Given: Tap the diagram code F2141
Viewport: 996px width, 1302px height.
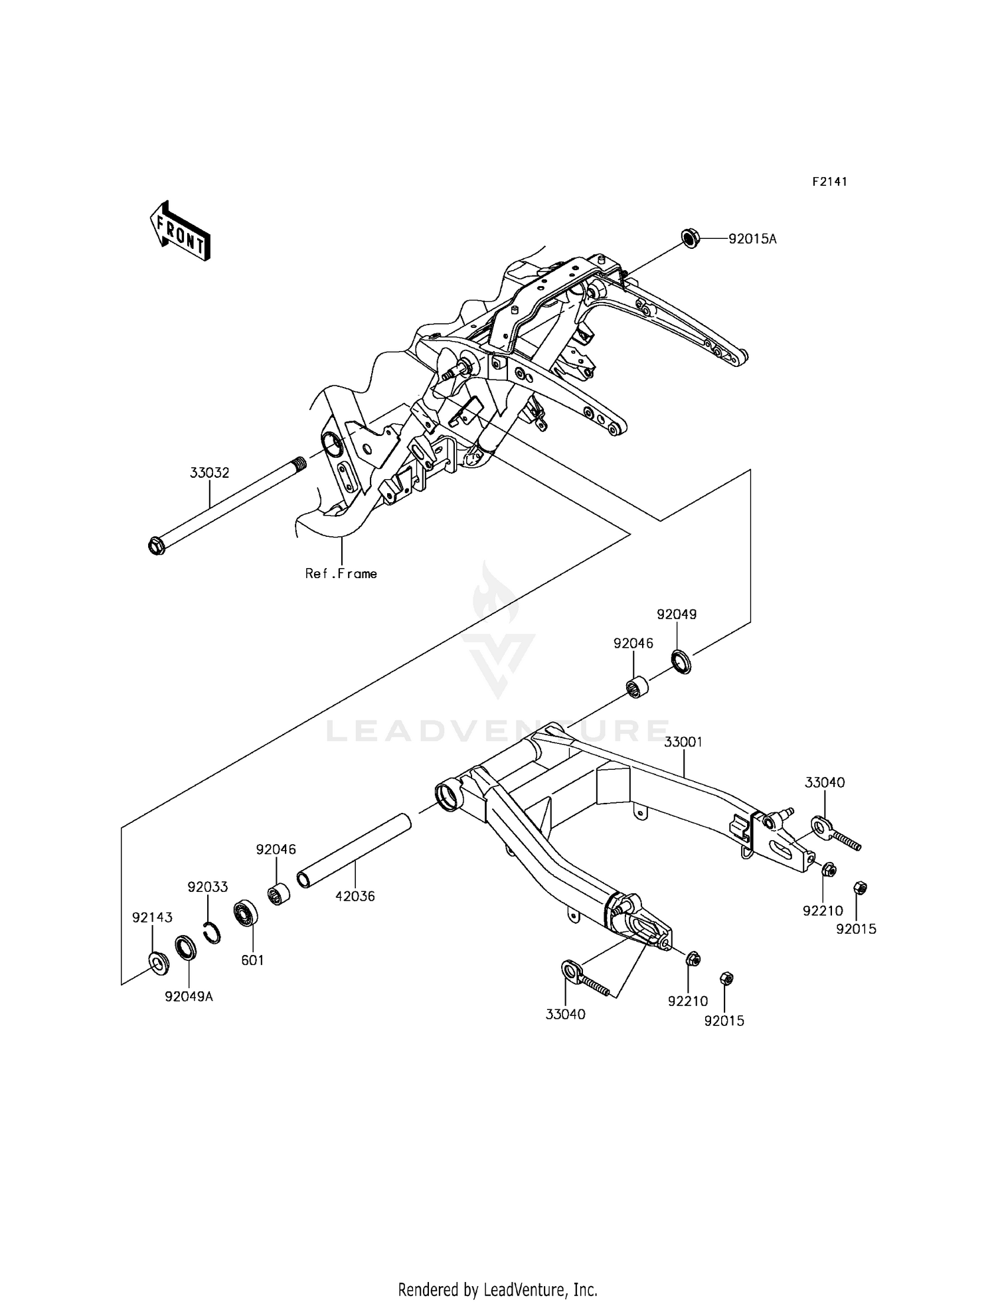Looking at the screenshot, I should tap(829, 182).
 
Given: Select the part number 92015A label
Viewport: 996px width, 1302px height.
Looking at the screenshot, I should tap(752, 239).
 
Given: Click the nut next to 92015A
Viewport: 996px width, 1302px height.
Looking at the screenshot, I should tap(689, 238).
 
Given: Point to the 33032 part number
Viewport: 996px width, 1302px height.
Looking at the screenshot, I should tap(209, 473).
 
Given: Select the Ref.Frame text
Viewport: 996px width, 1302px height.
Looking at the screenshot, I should tap(341, 574).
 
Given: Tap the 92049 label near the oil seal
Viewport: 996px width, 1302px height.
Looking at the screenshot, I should tap(677, 615).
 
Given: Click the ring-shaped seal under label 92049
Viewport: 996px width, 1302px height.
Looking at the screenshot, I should tap(681, 662).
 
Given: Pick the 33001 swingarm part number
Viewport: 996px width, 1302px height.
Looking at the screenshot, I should tap(683, 742).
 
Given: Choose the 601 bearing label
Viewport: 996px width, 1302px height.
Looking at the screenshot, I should tap(252, 960).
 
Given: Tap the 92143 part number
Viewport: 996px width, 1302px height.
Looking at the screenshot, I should tap(152, 918).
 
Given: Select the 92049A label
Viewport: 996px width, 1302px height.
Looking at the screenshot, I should tap(189, 996).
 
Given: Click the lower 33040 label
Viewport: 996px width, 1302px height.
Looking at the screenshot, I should tap(565, 1014).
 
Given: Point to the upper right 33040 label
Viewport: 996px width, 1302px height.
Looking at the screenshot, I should tap(825, 782).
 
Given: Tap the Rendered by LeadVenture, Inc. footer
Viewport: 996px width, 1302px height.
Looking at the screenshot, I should tap(497, 1289).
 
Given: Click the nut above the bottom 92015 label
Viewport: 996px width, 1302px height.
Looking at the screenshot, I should tap(726, 978).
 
